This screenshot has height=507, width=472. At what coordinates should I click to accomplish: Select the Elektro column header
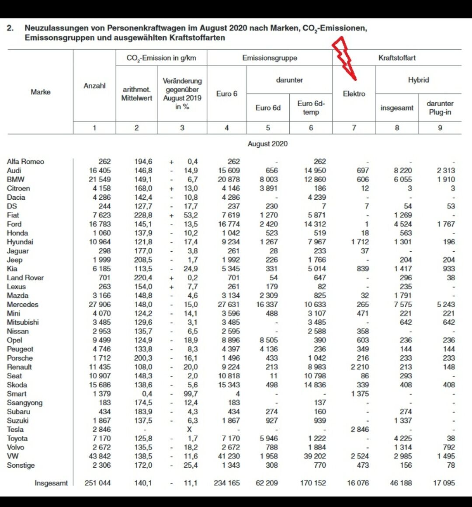click(x=354, y=94)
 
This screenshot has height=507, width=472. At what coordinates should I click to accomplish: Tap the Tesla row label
click(x=15, y=429)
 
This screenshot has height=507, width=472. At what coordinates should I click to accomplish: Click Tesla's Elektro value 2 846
click(x=360, y=429)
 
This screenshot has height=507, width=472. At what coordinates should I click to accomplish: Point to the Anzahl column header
click(x=94, y=86)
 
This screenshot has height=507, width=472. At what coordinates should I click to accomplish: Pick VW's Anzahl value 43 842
click(x=100, y=456)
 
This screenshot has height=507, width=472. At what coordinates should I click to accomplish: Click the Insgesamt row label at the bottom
click(x=51, y=483)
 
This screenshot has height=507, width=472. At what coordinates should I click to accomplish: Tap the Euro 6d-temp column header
click(x=311, y=108)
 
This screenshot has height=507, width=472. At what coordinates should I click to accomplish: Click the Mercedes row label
click(x=22, y=304)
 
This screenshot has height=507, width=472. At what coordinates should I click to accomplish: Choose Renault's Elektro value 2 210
click(x=360, y=367)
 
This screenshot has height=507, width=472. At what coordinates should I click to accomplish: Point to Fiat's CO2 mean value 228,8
click(x=143, y=215)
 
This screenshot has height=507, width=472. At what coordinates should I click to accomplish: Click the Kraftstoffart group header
click(x=397, y=58)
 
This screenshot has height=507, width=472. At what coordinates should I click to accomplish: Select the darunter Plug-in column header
click(x=440, y=108)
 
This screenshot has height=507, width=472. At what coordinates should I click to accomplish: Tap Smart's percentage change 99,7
click(x=190, y=393)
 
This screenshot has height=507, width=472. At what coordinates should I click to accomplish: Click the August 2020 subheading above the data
click(x=267, y=144)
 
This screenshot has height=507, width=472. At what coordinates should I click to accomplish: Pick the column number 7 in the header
click(x=354, y=128)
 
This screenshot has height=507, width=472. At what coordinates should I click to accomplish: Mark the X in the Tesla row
click(x=189, y=429)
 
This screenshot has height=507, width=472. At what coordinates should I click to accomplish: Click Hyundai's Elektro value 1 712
click(x=360, y=242)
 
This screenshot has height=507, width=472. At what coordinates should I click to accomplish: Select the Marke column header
click(x=41, y=92)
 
